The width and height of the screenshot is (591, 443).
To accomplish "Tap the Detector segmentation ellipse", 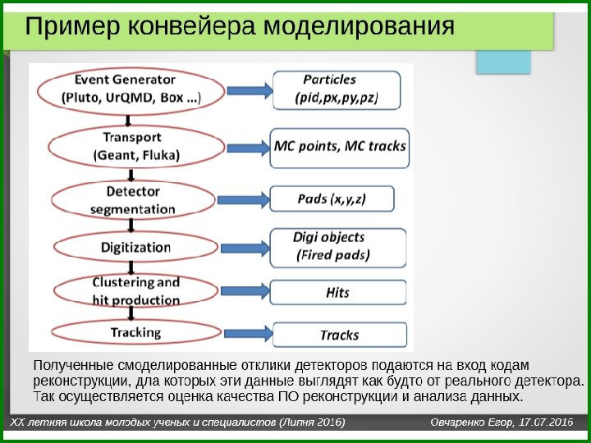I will coord(133,199).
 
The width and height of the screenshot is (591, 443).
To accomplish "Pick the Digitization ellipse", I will coord(135,246).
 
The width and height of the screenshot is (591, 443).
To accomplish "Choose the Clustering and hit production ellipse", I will coord(135,291).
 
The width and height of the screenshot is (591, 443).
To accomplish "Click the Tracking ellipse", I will coord(135,332).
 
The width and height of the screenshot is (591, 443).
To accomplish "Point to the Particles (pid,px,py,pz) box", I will coord(336,89).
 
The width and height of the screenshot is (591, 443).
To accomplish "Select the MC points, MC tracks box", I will coord(339,146).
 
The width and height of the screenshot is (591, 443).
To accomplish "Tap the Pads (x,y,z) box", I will coord(333,199).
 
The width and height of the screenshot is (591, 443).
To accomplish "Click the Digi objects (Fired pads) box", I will coord(337,246).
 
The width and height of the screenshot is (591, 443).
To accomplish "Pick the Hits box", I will coord(337,292).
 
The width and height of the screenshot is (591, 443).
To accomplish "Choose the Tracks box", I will coord(339,335).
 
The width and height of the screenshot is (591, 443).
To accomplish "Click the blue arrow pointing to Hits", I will coord(245,291).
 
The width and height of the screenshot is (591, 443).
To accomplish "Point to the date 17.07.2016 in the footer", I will coord(545,422).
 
